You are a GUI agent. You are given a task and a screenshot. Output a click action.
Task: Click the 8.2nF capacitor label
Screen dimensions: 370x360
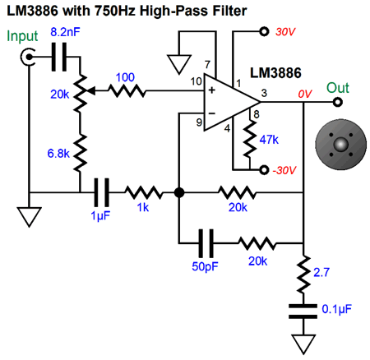(65, 32)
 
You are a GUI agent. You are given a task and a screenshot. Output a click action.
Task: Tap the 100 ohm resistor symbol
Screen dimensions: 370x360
(127, 90)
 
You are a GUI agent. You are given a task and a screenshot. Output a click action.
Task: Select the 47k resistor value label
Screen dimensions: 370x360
(269, 140)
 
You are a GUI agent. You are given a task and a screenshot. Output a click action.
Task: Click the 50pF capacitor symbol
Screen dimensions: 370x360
(206, 243)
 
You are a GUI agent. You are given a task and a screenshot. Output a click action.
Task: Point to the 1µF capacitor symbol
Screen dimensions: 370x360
(101, 192)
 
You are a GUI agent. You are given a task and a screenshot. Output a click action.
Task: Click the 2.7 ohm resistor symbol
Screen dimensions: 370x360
(303, 275)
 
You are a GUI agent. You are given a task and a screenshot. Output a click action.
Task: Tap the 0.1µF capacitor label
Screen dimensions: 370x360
(336, 309)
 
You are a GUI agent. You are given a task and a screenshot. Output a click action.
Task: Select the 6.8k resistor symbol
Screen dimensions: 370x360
(80, 154)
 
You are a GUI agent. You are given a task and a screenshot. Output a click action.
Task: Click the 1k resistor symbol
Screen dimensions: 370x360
(144, 192)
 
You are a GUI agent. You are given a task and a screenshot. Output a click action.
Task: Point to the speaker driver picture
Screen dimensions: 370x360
(340, 145)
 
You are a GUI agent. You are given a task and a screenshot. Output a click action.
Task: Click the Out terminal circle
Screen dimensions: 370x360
(337, 102)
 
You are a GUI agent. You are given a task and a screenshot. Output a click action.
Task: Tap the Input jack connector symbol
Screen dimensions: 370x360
(28, 57)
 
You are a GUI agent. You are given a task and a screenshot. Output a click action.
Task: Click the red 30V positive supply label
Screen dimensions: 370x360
(285, 32)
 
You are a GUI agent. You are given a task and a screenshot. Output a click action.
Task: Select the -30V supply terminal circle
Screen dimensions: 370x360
(264, 170)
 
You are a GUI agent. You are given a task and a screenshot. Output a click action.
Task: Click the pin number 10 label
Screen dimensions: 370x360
(197, 81)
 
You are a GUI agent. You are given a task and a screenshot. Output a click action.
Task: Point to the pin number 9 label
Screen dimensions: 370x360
(199, 122)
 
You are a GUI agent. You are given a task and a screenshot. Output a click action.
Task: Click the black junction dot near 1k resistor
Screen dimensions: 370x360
(179, 192)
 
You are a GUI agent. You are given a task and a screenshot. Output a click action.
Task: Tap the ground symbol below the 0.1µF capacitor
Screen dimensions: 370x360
(303, 344)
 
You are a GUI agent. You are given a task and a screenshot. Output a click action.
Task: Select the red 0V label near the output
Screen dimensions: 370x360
(305, 94)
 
